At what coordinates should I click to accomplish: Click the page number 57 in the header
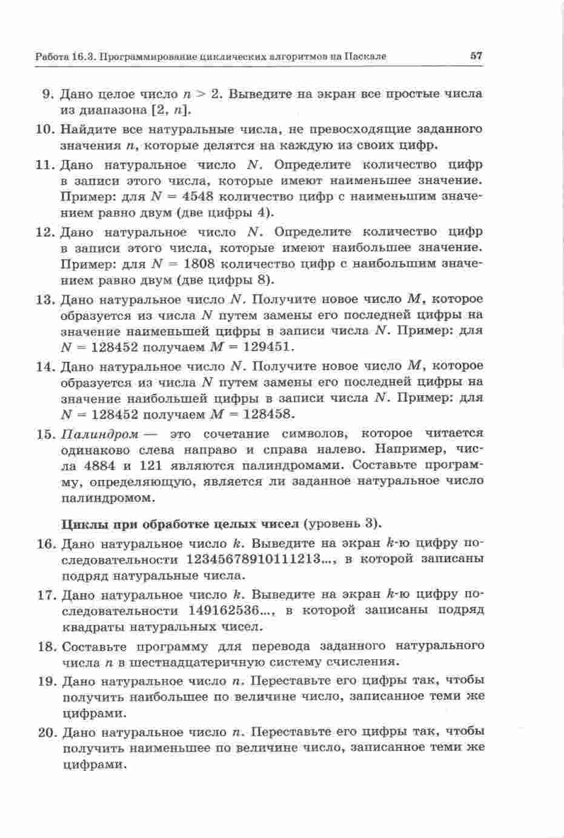point(476,56)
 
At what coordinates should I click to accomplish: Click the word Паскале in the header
point(365,57)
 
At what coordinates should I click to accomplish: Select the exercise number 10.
point(47,130)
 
